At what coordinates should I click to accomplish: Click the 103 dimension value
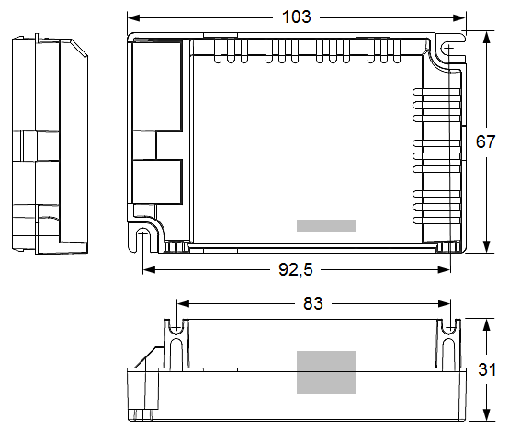coord(297,17)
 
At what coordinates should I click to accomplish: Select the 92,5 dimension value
coord(296,270)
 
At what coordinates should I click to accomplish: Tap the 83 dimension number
coord(313,304)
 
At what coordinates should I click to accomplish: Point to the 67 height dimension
coord(486,141)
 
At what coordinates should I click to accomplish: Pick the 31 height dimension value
coord(487,369)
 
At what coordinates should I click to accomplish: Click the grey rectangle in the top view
coord(326,225)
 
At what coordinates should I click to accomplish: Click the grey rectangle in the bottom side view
coord(326,372)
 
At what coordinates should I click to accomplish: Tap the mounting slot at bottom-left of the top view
coord(142,239)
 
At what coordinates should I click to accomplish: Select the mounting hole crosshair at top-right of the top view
coord(448,49)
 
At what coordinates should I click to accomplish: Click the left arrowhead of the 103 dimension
coord(133,17)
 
